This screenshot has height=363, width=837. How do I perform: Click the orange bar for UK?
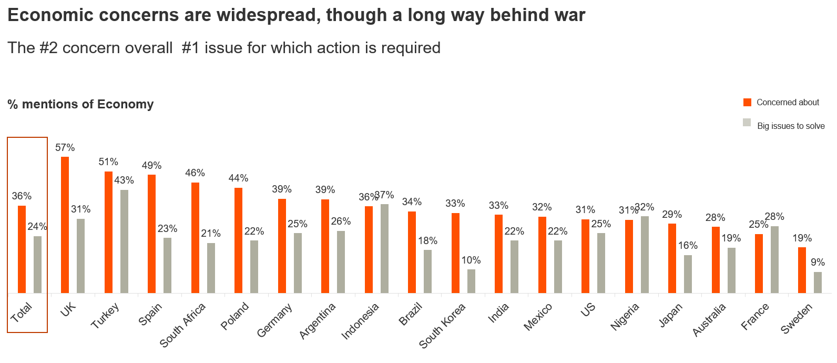pyautogui.click(x=65, y=225)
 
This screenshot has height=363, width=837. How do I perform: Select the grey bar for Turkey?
pyautogui.click(x=124, y=241)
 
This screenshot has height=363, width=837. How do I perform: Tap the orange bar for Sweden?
pyautogui.click(x=802, y=270)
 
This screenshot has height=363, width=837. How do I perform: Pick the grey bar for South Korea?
pyautogui.click(x=471, y=281)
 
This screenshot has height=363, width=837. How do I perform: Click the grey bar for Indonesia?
pyautogui.click(x=384, y=248)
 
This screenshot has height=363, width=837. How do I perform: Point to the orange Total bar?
pyautogui.click(x=22, y=249)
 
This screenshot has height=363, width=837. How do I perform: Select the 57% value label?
pyautogui.click(x=65, y=148)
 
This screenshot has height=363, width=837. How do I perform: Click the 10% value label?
pyautogui.click(x=471, y=260)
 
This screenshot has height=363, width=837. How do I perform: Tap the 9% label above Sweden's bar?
pyautogui.click(x=818, y=263)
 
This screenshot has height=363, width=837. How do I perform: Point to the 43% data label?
pyautogui.click(x=124, y=180)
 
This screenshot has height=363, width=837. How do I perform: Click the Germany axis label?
pyautogui.click(x=274, y=320)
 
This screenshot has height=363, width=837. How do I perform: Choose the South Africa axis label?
pyautogui.click(x=182, y=325)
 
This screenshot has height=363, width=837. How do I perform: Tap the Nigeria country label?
pyautogui.click(x=625, y=317)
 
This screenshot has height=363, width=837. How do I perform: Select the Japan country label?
pyautogui.click(x=670, y=315)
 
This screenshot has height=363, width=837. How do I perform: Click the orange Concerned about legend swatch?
pyautogui.click(x=747, y=103)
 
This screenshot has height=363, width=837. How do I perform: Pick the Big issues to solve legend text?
pyautogui.click(x=791, y=126)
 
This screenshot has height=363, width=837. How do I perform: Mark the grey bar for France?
pyautogui.click(x=774, y=259)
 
